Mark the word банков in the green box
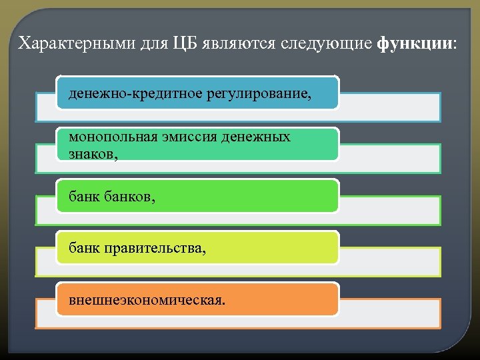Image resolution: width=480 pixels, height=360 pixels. click(x=131, y=197)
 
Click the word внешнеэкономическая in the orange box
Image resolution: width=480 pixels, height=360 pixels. click(x=147, y=300)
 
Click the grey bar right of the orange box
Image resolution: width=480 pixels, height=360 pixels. click(x=390, y=313)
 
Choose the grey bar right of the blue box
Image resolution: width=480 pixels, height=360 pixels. click(x=390, y=107)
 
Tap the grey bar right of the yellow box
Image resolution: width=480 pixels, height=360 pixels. click(x=390, y=261)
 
